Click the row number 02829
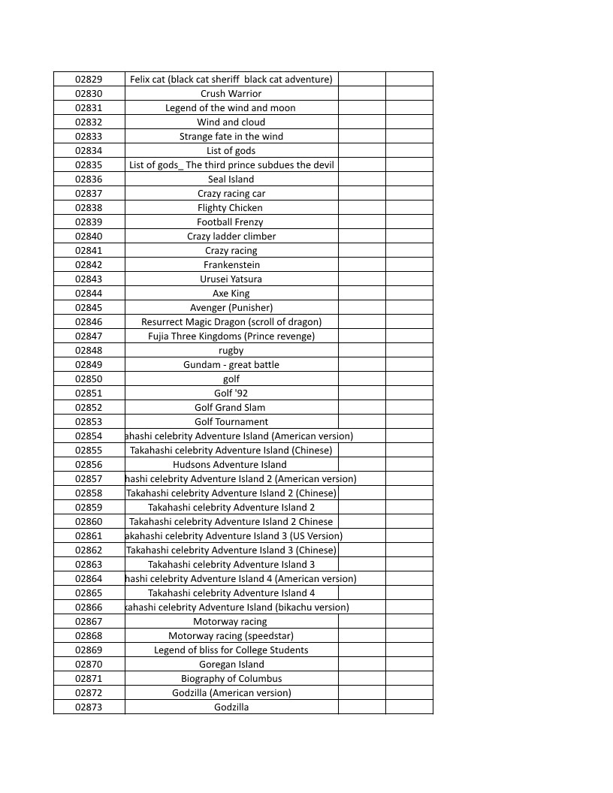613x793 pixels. click(x=89, y=79)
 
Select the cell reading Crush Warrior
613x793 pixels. click(x=231, y=93)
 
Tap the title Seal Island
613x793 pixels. click(x=231, y=179)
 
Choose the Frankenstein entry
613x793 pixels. click(x=231, y=264)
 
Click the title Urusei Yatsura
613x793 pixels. click(x=231, y=279)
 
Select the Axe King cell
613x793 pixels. click(x=231, y=293)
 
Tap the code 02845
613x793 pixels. click(x=89, y=307)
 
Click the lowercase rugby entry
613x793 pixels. click(x=231, y=350)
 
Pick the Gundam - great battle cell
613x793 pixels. click(x=231, y=364)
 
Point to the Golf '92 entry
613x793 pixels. click(x=231, y=393)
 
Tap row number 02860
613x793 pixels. click(x=89, y=521)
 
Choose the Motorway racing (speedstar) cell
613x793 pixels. click(x=231, y=635)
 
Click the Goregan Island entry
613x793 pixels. click(x=231, y=664)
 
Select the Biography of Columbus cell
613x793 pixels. click(x=231, y=678)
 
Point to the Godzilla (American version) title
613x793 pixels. click(x=231, y=692)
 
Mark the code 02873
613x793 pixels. click(x=89, y=707)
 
